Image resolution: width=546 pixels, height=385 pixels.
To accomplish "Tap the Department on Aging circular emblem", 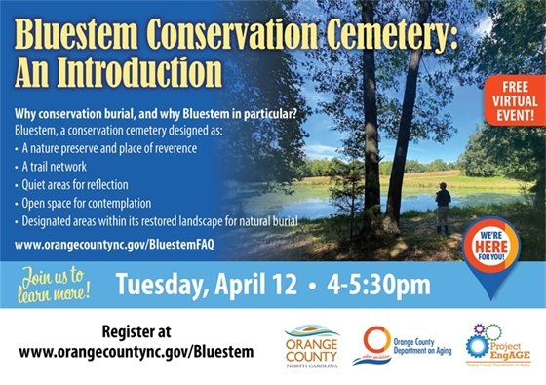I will [x=376, y=344].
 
